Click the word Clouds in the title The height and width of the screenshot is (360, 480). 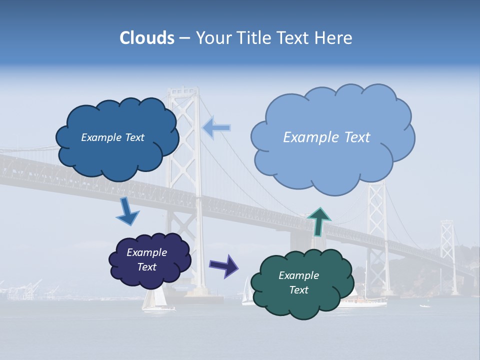[x=146, y=38]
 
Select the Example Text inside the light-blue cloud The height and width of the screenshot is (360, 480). [x=326, y=137]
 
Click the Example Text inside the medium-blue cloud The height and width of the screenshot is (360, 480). [x=112, y=137]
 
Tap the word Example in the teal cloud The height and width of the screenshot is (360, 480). [x=298, y=275]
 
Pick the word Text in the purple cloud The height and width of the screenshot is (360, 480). [x=146, y=267]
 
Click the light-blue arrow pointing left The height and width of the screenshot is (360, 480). [x=217, y=128]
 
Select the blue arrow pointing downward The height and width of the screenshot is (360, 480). [x=127, y=212]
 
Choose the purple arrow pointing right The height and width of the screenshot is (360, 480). [x=223, y=265]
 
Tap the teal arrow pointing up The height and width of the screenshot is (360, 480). [x=319, y=221]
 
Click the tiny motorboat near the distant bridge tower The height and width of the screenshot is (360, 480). [x=424, y=305]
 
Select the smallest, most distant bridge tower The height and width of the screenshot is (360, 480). [x=447, y=250]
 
